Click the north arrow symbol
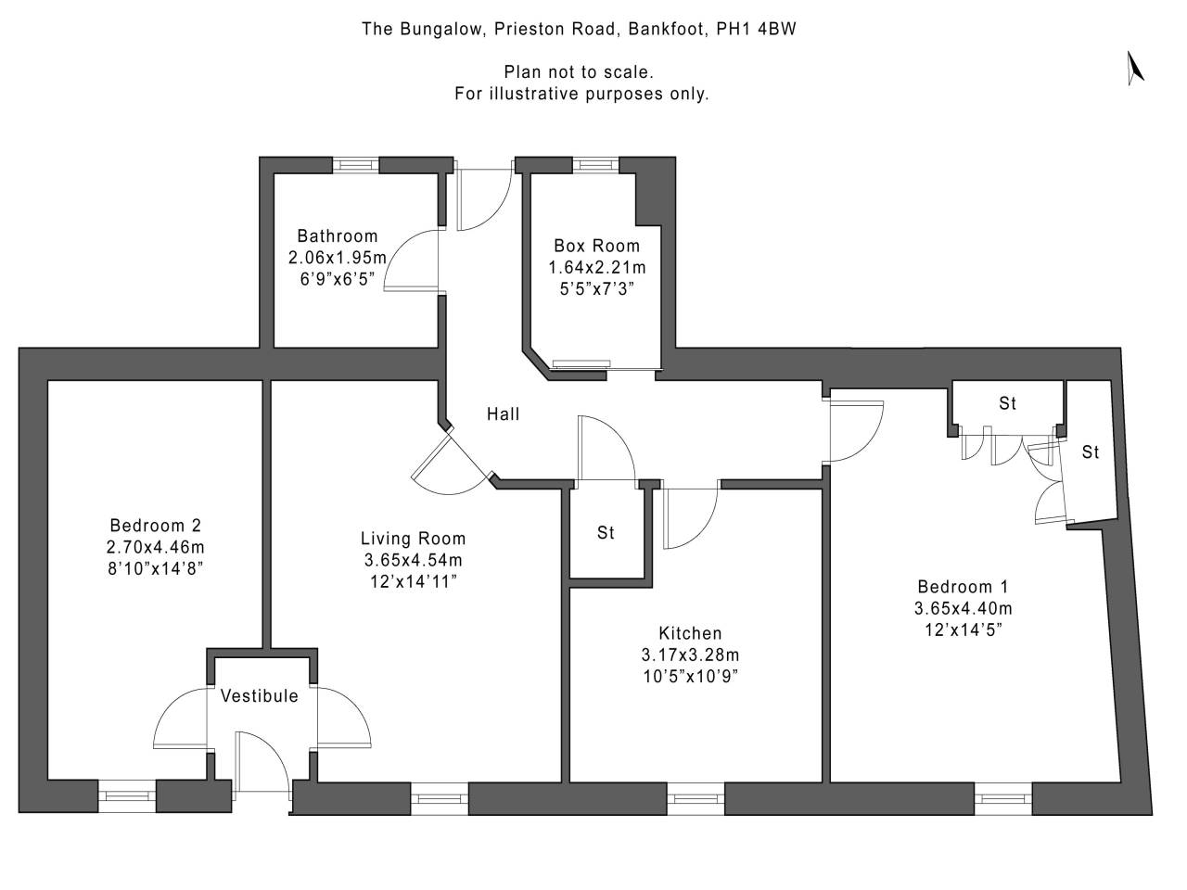coord(1135,69)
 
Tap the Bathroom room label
coord(338,235)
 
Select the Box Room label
coord(596,246)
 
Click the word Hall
coord(504,414)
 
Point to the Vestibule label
coord(260,695)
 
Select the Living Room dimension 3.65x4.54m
coord(414,560)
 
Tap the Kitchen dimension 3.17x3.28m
coord(690,655)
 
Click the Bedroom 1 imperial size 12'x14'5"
coord(963,630)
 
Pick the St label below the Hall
coord(606,533)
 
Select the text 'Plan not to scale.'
coord(580,71)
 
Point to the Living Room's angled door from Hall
coord(449,464)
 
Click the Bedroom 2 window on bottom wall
coord(127,795)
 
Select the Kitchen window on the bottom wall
coord(696,795)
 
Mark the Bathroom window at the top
coord(355,164)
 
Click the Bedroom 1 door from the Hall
coord(855,430)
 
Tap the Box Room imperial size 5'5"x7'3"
coord(596,288)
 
